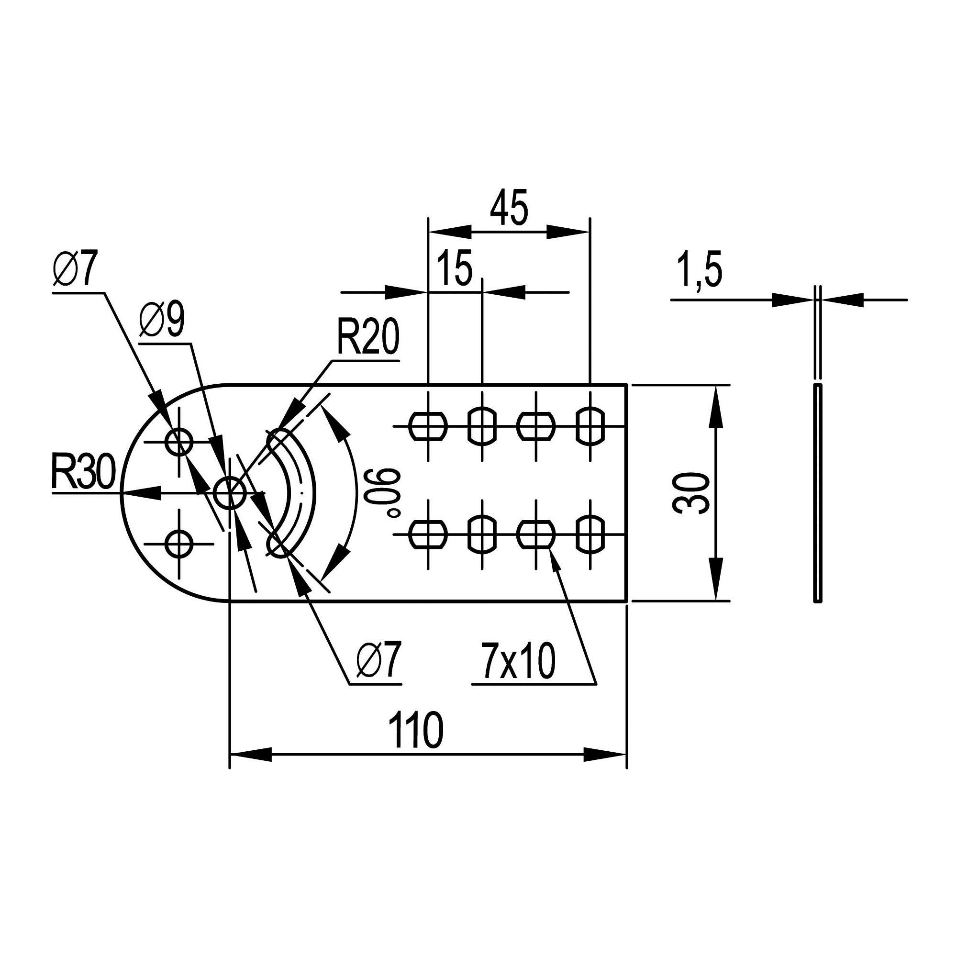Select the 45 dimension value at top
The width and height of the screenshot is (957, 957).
509,208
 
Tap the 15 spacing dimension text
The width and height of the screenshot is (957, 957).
455,269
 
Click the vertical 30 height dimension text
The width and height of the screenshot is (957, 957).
691,493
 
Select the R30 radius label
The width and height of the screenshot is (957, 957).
83,473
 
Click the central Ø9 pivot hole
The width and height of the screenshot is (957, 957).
229,493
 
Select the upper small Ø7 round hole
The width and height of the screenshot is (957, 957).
179,442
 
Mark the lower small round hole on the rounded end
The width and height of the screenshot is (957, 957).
179,544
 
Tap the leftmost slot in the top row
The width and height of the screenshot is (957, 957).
428,425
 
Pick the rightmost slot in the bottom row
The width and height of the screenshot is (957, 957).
590,534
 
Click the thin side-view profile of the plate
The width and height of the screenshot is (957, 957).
817,493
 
